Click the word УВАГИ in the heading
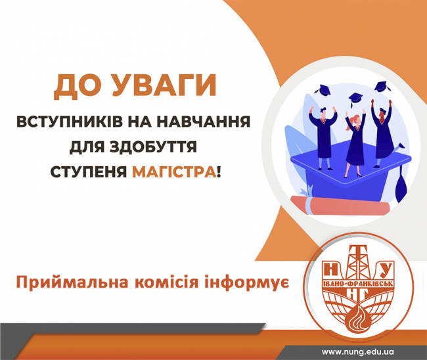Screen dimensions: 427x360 click(x=164, y=85)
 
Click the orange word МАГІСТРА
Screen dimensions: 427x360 click(x=173, y=171)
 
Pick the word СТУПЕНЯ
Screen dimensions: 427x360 click(x=89, y=171)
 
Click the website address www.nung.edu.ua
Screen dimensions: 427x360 click(x=358, y=352)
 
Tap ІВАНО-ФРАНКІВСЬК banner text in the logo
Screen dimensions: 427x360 click(x=357, y=284)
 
